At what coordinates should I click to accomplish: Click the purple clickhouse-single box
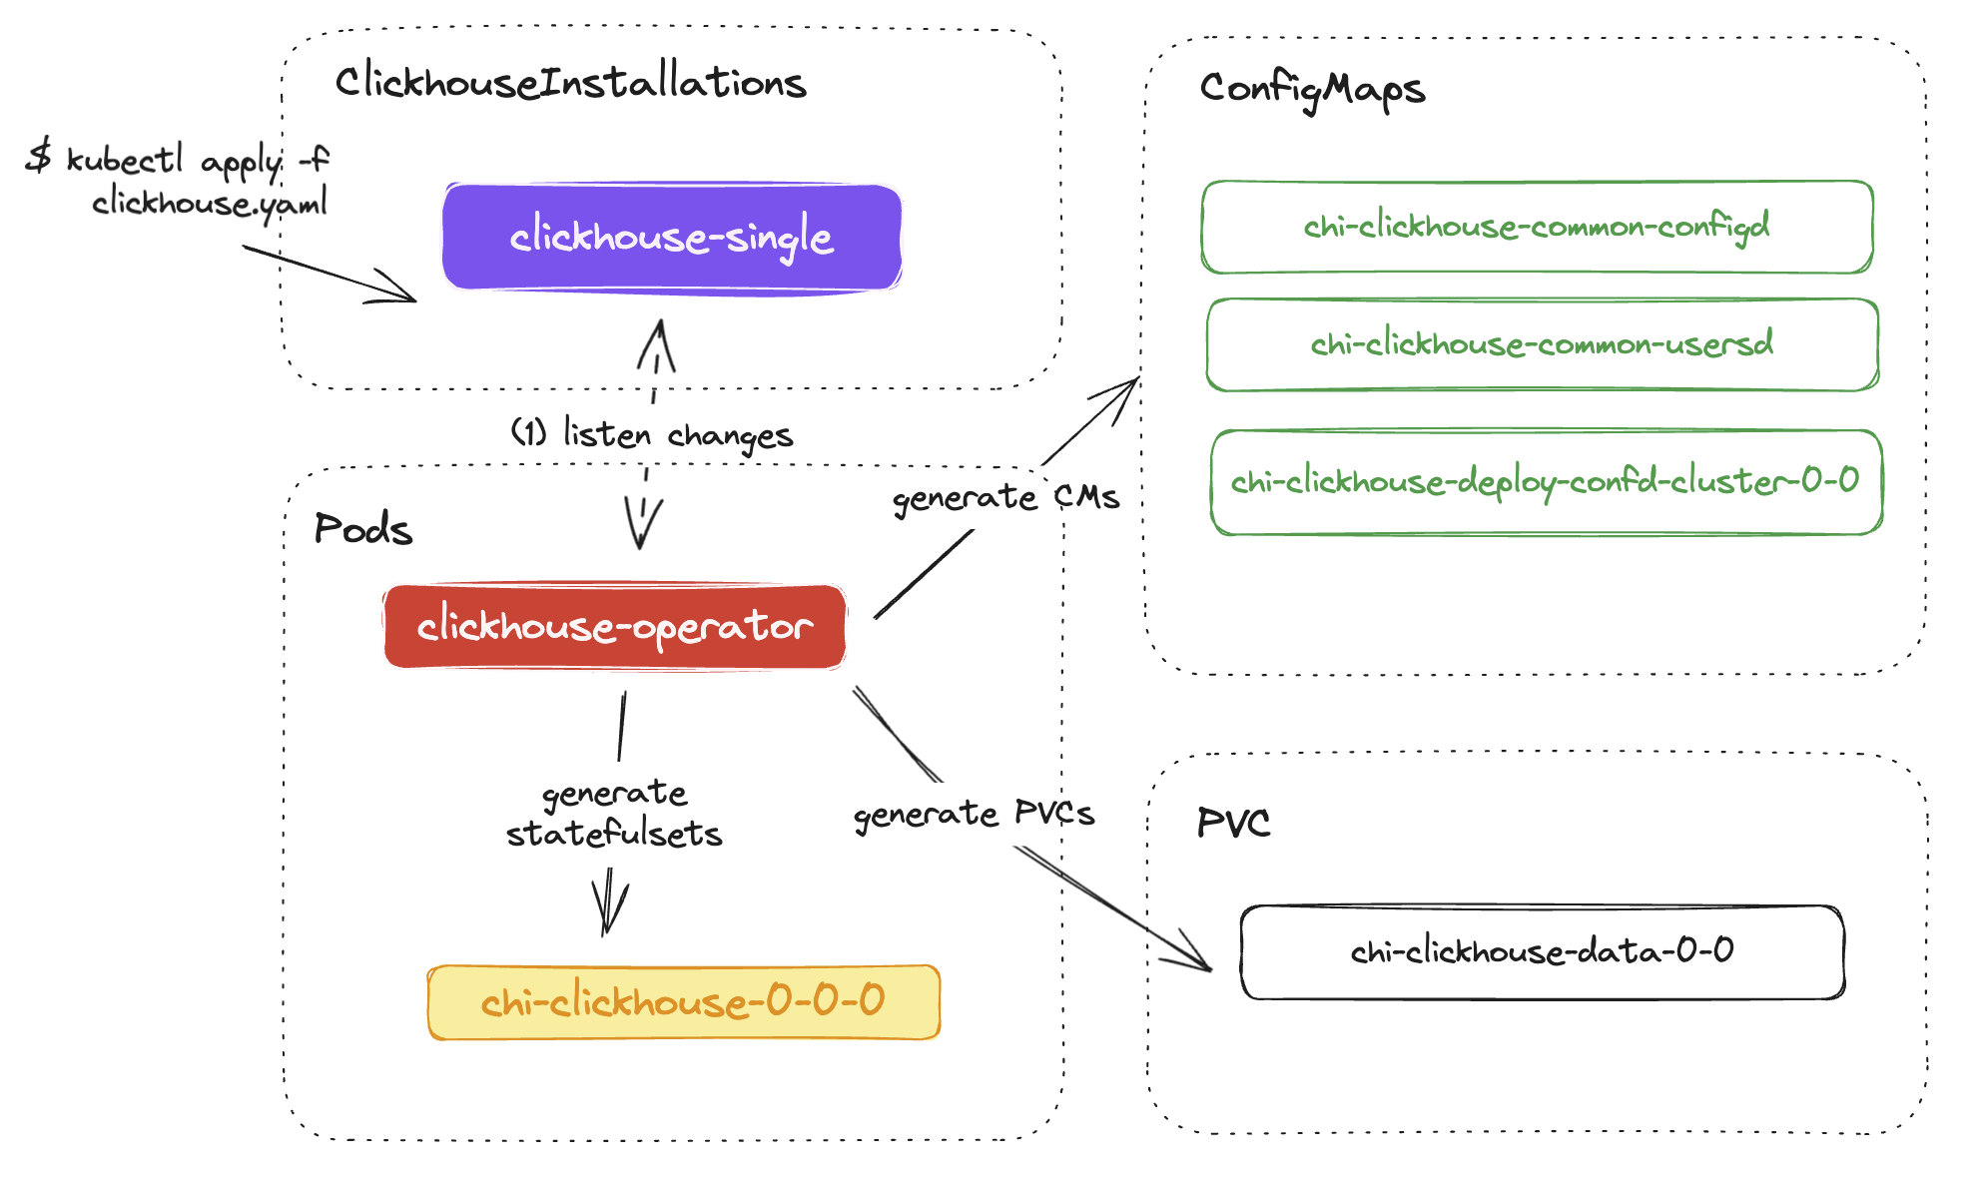[x=672, y=238]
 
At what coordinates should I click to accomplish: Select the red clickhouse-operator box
[x=615, y=627]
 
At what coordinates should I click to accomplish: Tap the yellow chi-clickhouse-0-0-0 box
[x=684, y=1002]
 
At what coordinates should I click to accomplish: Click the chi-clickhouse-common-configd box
[x=1537, y=227]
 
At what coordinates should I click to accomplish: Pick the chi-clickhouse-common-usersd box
[x=1543, y=344]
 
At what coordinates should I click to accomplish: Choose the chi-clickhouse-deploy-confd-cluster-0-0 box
[x=1546, y=482]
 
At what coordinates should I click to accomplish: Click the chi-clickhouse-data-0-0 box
[x=1543, y=951]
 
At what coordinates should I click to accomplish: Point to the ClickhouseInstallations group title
[x=570, y=82]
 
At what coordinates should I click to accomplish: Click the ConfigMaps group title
[x=1312, y=90]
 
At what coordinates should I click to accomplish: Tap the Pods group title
[x=363, y=529]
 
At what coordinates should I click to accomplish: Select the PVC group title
[x=1234, y=824]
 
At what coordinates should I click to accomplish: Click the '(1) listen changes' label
[x=652, y=434]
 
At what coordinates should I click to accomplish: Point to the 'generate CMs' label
[x=1005, y=497]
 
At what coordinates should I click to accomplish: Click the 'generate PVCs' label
[x=975, y=815]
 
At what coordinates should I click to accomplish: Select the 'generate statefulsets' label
[x=614, y=814]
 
